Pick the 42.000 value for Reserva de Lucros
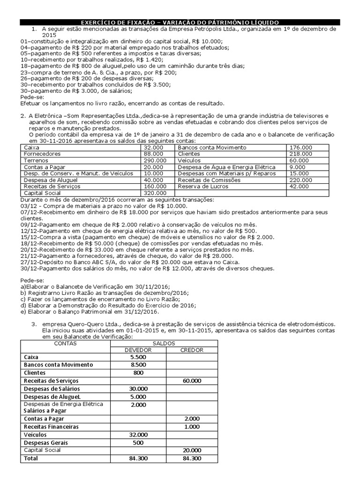[x=300, y=187]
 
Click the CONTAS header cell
[x=65, y=343]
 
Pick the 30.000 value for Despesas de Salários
[x=138, y=389]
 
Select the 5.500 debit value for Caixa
[x=138, y=357]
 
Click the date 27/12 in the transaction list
[x=29, y=262]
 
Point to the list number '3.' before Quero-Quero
[x=34, y=324]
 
